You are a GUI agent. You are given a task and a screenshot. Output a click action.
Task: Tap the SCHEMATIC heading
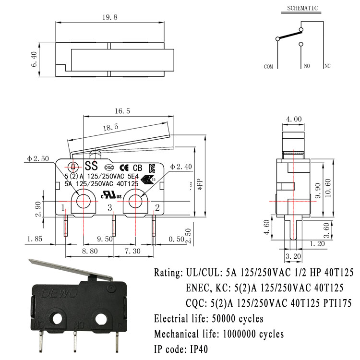click(302, 8)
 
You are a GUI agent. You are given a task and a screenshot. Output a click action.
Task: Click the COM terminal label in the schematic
click(268, 66)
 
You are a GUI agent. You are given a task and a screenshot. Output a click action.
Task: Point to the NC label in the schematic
click(327, 66)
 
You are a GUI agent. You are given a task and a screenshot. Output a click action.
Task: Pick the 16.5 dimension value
click(122, 111)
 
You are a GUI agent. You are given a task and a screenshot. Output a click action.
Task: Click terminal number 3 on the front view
click(109, 207)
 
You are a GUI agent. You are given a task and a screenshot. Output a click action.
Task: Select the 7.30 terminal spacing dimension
click(133, 251)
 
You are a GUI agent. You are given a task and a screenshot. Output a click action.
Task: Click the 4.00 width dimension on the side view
click(294, 119)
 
